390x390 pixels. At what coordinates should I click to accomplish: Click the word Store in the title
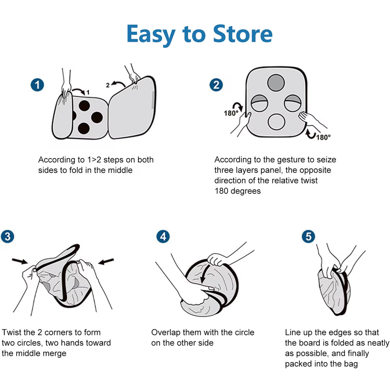[243, 33]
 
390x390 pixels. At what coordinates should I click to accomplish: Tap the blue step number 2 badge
[216, 84]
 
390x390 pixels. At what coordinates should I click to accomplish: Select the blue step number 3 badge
[7, 236]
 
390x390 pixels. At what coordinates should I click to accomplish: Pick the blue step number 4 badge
[163, 236]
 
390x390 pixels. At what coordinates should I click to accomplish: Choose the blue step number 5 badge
[308, 236]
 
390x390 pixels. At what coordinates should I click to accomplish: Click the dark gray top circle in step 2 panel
[276, 83]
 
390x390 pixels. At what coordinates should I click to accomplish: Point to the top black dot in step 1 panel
[84, 106]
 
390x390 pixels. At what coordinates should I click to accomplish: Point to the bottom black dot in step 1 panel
[84, 128]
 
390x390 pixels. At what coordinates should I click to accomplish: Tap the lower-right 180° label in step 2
[323, 137]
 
